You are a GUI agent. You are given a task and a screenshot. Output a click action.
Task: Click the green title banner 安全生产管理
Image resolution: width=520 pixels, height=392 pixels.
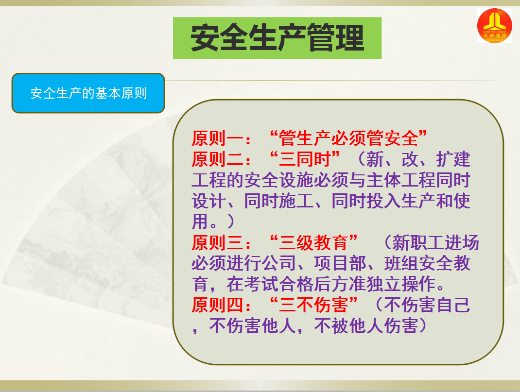pos(277,38)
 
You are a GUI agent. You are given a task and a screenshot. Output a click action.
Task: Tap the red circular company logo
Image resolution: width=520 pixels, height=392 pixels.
pos(494,26)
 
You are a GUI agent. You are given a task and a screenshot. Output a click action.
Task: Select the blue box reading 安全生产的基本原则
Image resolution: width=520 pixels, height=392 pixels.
pos(88,93)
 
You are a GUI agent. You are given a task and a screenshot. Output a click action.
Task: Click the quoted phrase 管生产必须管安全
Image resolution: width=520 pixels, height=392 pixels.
pos(348,138)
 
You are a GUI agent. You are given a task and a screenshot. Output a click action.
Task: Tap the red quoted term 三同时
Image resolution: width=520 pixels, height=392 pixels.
pos(305,159)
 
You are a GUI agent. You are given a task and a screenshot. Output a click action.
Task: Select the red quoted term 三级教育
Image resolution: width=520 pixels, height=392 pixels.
pos(313,242)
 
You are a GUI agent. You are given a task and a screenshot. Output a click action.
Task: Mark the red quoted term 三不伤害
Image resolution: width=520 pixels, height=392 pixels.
pos(313,305)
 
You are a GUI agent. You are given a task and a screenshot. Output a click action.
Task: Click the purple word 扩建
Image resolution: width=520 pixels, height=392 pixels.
pos(453,159)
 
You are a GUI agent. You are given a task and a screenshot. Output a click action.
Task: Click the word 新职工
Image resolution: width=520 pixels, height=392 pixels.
pos(418,242)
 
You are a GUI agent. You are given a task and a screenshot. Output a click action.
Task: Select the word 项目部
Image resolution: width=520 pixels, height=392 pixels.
pos(340,263)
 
